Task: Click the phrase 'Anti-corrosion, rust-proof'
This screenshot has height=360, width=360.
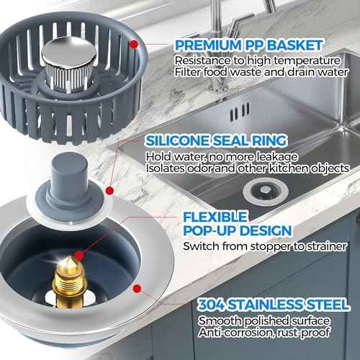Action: point(256,332)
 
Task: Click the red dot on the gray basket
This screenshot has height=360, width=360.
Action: point(133,44)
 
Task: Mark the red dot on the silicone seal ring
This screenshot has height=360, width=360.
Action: point(110,191)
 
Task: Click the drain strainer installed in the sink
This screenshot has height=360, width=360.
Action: point(257,189)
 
